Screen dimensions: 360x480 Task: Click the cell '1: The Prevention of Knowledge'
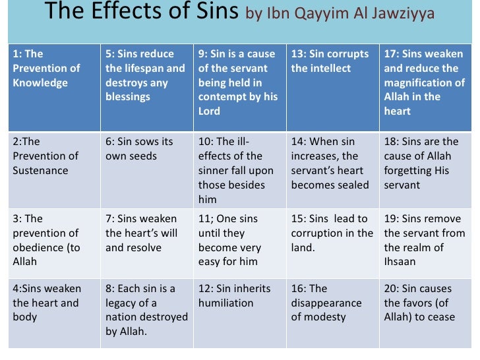(x=54, y=87)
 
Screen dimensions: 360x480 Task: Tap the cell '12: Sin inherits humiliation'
(x=239, y=313)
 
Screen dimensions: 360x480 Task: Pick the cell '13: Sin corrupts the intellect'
(x=332, y=87)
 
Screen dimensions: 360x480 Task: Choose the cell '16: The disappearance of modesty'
(x=332, y=313)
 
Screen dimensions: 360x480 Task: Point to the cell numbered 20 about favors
(x=425, y=313)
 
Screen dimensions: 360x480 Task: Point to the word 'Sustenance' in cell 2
(x=41, y=171)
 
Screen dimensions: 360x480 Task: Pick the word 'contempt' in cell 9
(x=220, y=97)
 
